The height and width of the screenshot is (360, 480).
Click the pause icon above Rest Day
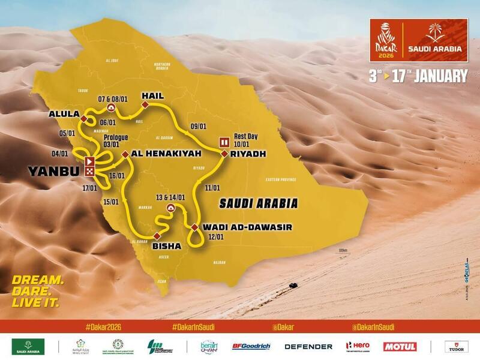tap(224, 142)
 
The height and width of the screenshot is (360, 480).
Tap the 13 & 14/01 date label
tap(170, 197)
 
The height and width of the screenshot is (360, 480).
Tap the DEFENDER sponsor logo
tap(308, 346)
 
